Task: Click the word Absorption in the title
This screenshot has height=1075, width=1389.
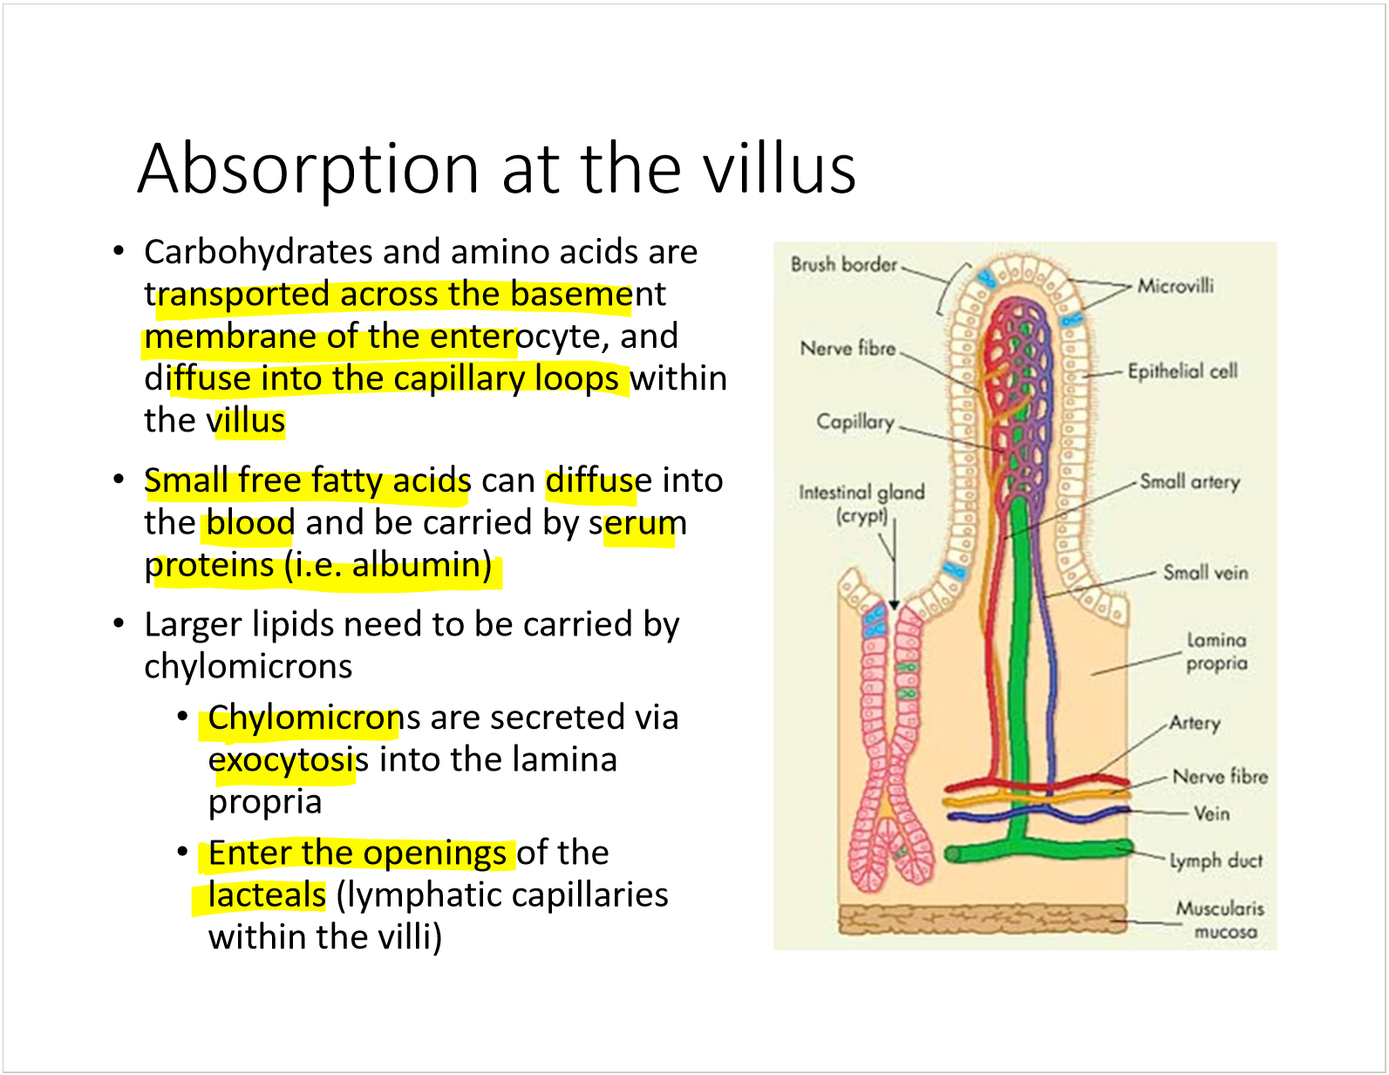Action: pos(308,170)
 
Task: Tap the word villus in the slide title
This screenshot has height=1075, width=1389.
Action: pos(780,168)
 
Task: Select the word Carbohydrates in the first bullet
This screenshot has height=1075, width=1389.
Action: pos(258,252)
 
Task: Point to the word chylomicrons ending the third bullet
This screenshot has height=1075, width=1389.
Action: pos(248,667)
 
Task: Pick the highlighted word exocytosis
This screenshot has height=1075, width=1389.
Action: pos(289,760)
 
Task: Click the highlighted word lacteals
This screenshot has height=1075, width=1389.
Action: pos(267,895)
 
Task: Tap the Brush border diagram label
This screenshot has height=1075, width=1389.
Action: pos(844,264)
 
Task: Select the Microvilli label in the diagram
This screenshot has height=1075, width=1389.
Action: pos(1175,286)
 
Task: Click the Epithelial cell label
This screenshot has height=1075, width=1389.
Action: pos(1182,371)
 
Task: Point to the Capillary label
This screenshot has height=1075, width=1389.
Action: pos(855,422)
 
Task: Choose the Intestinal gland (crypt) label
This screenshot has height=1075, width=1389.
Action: pos(861,504)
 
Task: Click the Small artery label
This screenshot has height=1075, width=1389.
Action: pos(1190,481)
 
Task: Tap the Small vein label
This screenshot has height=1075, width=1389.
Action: pos(1206,573)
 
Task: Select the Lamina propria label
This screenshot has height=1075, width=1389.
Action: pos(1216,652)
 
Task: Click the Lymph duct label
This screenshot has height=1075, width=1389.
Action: pos(1215,861)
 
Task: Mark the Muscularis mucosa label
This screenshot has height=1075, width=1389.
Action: pos(1220,920)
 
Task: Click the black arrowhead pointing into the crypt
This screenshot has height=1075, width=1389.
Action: pos(895,604)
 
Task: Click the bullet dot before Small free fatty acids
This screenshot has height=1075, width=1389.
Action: pos(119,479)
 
